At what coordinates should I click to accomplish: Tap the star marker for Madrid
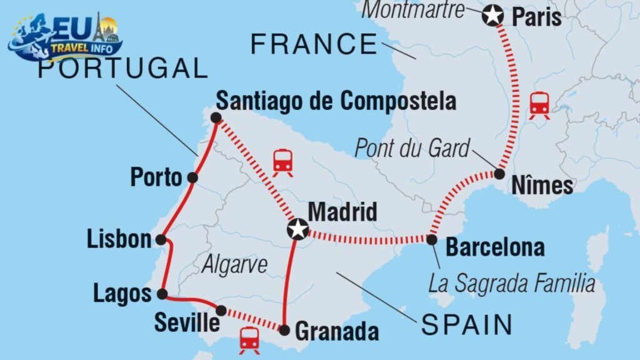coord(297,229)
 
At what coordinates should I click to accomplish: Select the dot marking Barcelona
coord(431,239)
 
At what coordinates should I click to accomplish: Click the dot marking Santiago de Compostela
coord(216,117)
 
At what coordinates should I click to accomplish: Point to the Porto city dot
coord(192,178)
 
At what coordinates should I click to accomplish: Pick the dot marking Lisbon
coord(161,239)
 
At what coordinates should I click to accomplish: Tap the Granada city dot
coord(284,329)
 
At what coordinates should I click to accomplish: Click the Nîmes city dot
coord(499,174)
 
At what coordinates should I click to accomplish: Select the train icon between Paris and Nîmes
coord(539,105)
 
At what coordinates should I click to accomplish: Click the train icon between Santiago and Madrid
coord(283,162)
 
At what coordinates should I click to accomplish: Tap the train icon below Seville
coord(249,340)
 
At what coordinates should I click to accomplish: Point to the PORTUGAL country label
coord(122,68)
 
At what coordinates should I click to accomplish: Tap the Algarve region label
coord(234,264)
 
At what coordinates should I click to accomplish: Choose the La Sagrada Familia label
coord(511,284)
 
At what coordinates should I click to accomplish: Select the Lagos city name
coord(122,294)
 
